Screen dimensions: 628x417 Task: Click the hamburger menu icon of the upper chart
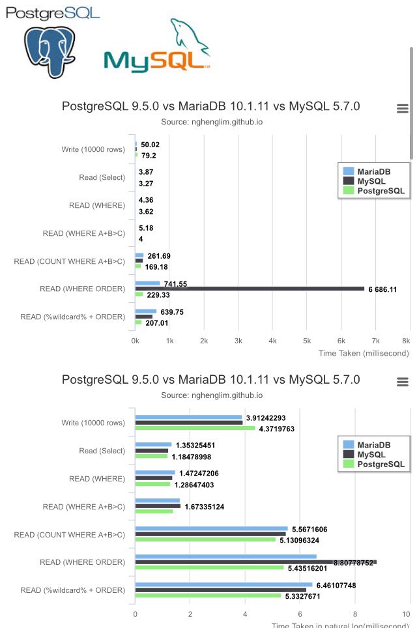[x=403, y=109]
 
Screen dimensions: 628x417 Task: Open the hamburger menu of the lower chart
[x=403, y=381]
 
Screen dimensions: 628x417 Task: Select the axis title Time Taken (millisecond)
[x=364, y=353]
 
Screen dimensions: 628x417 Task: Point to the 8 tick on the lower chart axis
[x=355, y=614]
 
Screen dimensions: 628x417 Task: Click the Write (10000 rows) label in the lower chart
[x=93, y=422]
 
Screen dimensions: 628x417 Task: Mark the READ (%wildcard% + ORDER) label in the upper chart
[x=72, y=317]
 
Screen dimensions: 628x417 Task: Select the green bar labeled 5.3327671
[x=208, y=595]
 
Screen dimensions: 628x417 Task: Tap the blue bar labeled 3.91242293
[x=188, y=417]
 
